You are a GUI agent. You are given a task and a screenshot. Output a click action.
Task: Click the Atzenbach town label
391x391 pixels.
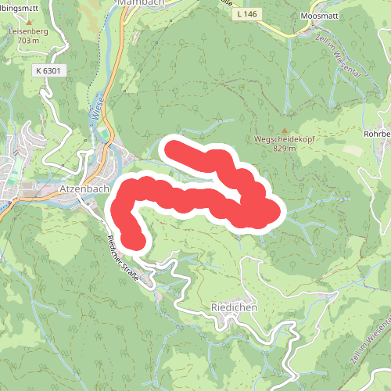[82, 188]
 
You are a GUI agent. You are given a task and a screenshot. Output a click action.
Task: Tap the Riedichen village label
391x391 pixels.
[234, 307]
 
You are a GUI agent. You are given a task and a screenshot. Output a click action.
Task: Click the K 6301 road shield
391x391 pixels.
[48, 70]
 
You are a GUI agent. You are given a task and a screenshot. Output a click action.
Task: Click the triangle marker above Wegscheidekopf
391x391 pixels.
[285, 130]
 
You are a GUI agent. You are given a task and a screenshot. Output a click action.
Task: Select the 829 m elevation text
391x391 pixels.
[285, 149]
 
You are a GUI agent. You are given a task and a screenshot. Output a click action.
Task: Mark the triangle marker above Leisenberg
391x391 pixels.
[29, 21]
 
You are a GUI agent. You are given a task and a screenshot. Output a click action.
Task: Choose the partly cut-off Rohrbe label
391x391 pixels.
[377, 134]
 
